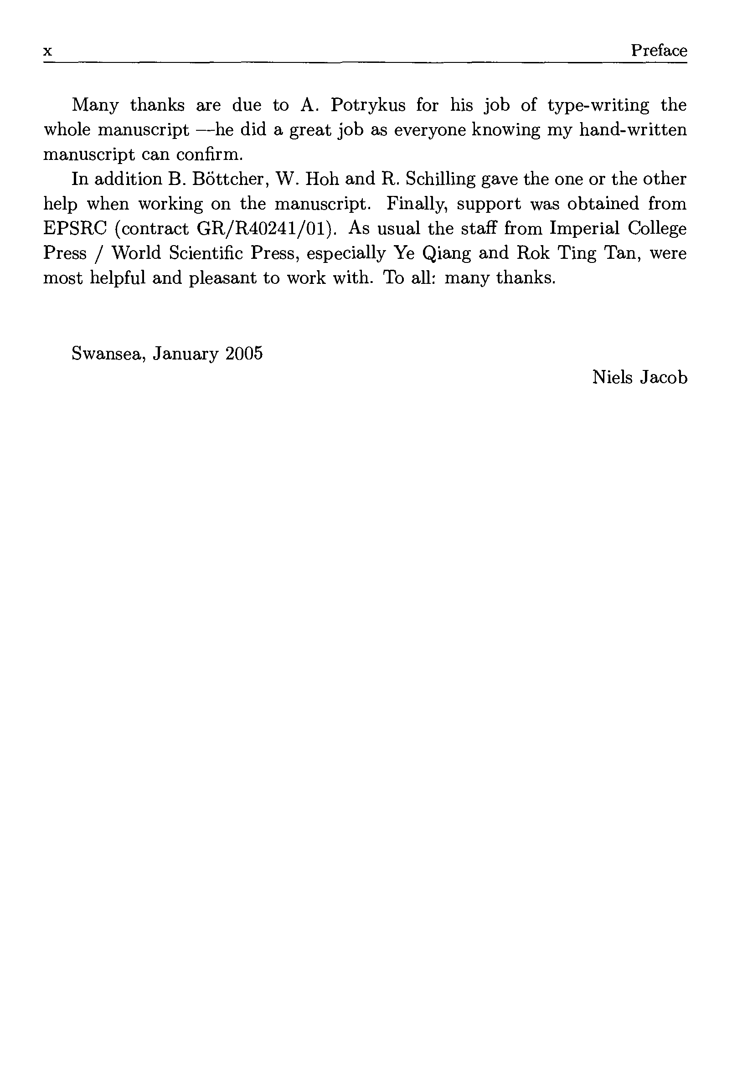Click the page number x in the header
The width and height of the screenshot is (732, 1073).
[x=47, y=51]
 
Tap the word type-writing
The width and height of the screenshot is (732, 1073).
[x=598, y=106]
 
